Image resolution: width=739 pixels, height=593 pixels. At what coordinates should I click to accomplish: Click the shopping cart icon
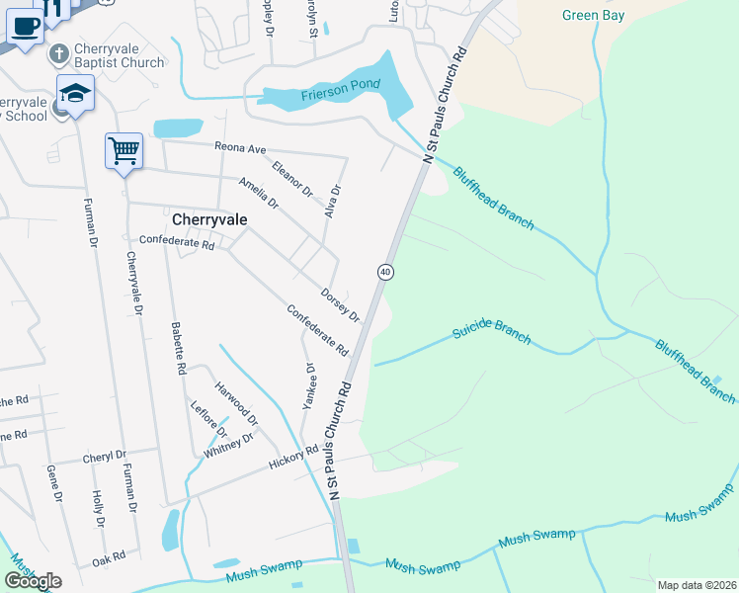point(123,152)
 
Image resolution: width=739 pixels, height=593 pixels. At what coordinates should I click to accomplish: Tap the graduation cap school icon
point(75,93)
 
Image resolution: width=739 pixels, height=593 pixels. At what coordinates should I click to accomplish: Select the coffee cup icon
point(26,26)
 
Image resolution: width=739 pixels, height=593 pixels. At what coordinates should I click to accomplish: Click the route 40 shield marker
point(385,271)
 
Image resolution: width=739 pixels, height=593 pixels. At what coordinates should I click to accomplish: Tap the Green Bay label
point(594,15)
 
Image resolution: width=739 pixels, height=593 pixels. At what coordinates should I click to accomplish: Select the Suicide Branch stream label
point(491,332)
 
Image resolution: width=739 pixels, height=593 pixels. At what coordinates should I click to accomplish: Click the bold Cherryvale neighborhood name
point(208,219)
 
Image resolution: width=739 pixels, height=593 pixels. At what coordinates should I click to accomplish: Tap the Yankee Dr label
point(310,384)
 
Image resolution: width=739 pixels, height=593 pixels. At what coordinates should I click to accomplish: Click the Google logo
point(33,581)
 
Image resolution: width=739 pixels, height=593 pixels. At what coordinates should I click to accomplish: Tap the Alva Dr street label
point(334,201)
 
